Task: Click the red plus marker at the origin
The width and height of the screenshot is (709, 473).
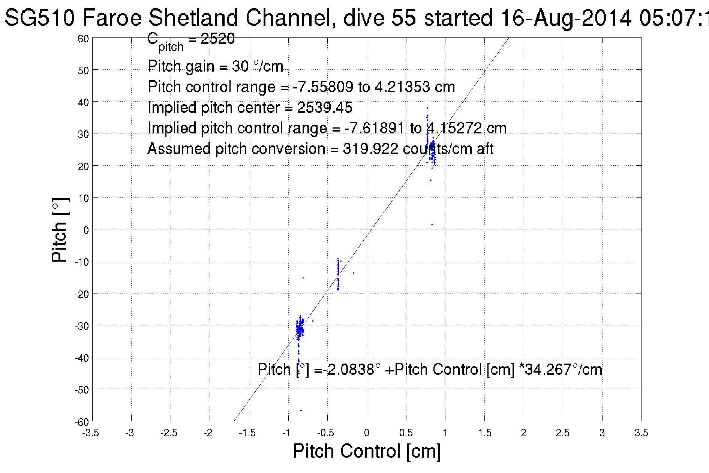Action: point(367,229)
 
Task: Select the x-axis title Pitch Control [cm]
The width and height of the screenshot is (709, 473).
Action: point(367,451)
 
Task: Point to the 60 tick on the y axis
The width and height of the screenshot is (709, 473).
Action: point(83,39)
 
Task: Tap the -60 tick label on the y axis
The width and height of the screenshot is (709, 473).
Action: point(82,422)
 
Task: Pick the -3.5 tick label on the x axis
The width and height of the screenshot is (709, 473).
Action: point(91,433)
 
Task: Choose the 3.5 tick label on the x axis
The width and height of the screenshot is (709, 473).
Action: point(641,433)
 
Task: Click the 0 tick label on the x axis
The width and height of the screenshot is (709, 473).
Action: point(367,433)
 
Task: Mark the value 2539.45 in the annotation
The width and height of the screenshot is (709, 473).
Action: point(325,108)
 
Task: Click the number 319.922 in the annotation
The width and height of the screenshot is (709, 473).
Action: point(370,149)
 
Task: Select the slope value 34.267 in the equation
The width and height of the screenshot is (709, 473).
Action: point(548,370)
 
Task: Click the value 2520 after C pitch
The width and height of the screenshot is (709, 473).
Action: point(217,39)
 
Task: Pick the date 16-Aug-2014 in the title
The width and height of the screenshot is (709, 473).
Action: point(566,18)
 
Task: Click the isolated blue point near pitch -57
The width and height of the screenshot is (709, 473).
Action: point(301,410)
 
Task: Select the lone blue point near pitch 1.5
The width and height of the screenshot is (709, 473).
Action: point(432,224)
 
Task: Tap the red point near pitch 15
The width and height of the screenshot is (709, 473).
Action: point(430,181)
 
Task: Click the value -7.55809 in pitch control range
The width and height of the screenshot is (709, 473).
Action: point(323,87)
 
